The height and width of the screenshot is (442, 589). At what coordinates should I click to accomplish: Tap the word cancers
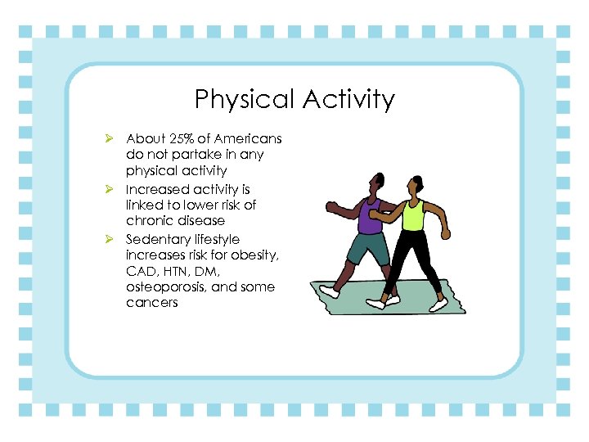152,303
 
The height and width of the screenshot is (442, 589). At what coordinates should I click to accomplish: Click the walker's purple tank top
370,217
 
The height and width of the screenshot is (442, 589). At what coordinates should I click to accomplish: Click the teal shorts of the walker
367,248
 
